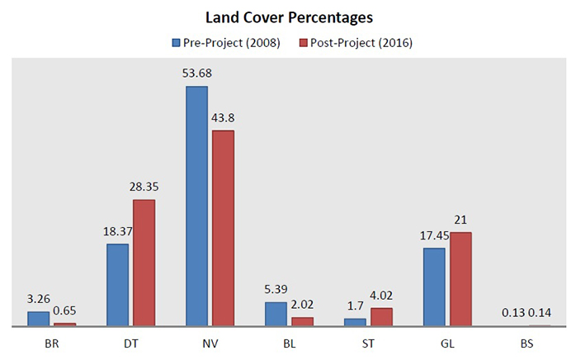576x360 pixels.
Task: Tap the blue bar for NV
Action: click(x=196, y=206)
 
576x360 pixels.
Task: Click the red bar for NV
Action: click(x=223, y=228)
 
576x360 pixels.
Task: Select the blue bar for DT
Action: click(x=118, y=285)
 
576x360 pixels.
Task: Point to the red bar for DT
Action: click(x=144, y=263)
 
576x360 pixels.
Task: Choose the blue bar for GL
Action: click(x=434, y=287)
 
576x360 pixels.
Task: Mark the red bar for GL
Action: click(x=460, y=279)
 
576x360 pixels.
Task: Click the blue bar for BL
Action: click(x=276, y=314)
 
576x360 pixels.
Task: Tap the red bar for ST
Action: click(x=381, y=317)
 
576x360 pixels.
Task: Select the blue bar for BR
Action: click(x=39, y=319)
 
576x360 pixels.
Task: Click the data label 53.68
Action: click(x=197, y=73)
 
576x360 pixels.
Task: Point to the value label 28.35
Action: click(x=144, y=187)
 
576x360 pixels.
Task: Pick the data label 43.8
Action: click(x=224, y=117)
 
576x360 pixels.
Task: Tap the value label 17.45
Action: click(x=434, y=235)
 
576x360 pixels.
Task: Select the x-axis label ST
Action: click(x=368, y=339)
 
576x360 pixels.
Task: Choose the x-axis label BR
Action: click(x=51, y=339)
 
